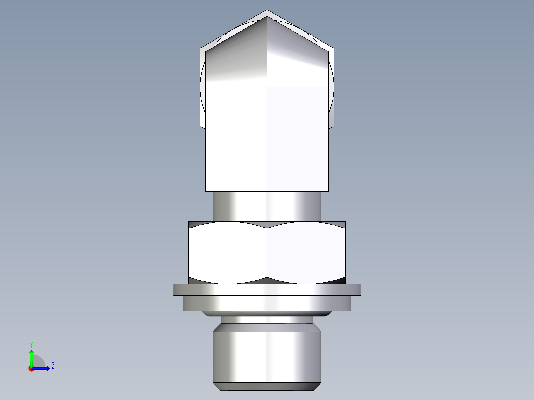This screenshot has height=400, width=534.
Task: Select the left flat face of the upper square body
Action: [x=236, y=139]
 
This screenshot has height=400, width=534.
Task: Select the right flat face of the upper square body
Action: [x=297, y=139]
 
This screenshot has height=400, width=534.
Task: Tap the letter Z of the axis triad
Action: [x=53, y=366]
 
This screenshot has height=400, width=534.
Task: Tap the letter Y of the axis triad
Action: [x=31, y=344]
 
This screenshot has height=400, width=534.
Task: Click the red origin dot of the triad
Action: [x=31, y=369]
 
